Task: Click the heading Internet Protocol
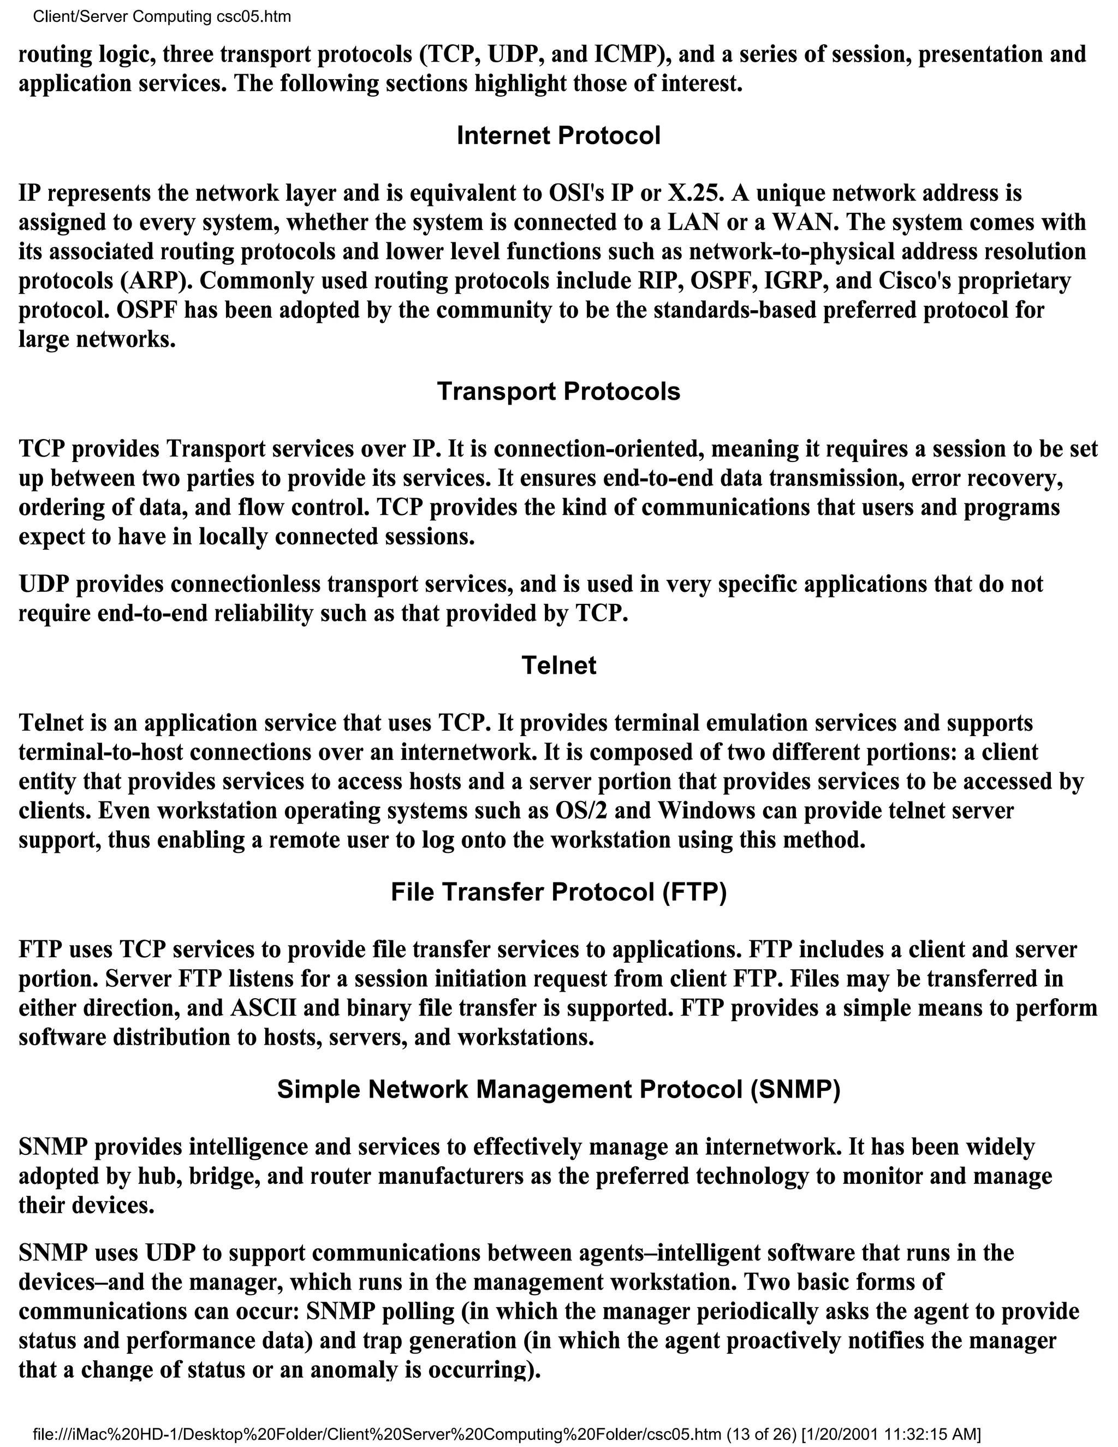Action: point(558,136)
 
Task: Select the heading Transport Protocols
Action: point(558,392)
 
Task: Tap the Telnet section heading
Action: point(558,665)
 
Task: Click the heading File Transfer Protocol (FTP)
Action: point(558,892)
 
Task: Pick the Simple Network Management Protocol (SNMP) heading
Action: point(558,1089)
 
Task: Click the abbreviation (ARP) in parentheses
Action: point(152,281)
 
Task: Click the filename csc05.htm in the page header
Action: point(254,16)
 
